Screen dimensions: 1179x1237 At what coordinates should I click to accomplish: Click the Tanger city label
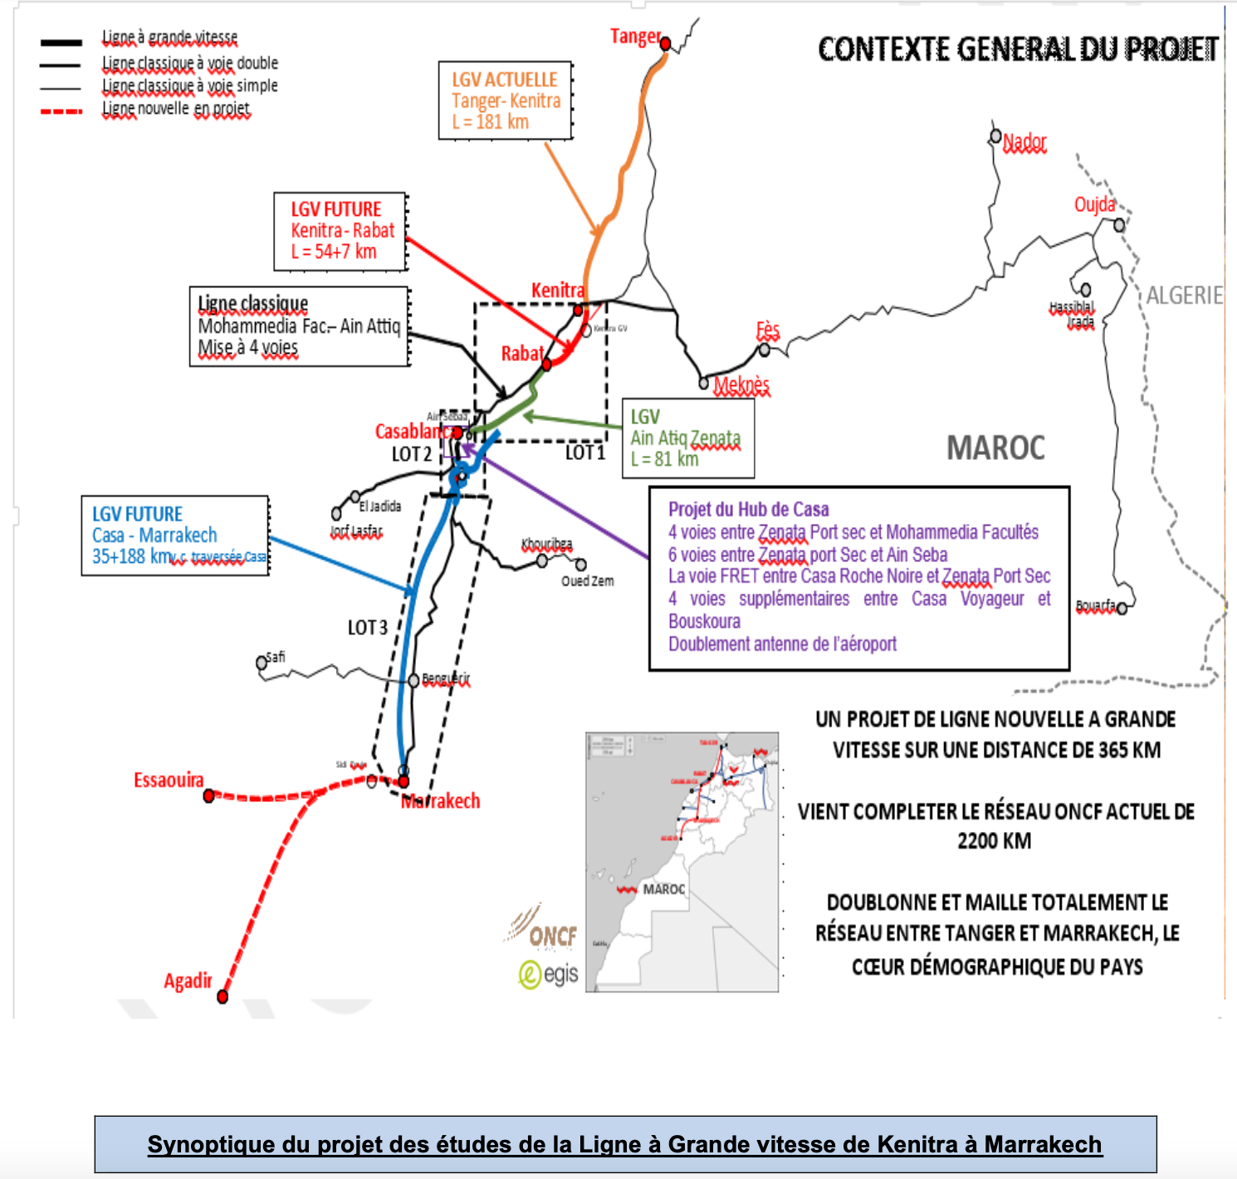click(635, 37)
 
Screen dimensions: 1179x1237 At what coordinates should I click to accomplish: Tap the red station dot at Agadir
click(222, 996)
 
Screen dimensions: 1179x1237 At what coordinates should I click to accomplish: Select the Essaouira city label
click(169, 780)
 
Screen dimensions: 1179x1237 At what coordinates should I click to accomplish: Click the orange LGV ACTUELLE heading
click(505, 80)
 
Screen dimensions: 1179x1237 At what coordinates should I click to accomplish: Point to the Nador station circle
click(995, 135)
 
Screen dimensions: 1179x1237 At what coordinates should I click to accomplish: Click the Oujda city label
click(1094, 204)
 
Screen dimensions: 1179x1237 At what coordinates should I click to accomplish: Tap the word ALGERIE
click(1184, 296)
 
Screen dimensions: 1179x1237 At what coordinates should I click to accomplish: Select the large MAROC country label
click(995, 448)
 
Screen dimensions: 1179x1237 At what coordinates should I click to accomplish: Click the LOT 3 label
click(368, 628)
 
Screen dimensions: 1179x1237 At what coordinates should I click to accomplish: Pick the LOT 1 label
click(585, 453)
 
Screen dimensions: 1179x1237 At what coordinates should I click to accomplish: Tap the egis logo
click(549, 973)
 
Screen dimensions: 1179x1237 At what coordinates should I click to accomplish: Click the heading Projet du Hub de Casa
click(748, 510)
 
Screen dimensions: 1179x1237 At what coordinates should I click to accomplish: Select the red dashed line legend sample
click(61, 110)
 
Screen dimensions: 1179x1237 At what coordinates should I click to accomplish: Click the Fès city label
click(768, 330)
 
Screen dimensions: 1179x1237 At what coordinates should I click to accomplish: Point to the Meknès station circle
click(704, 383)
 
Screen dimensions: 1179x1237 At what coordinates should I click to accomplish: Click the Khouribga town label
click(546, 544)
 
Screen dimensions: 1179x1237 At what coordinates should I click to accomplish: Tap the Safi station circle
click(262, 663)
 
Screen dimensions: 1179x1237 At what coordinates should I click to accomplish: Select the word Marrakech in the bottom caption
click(1043, 1144)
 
